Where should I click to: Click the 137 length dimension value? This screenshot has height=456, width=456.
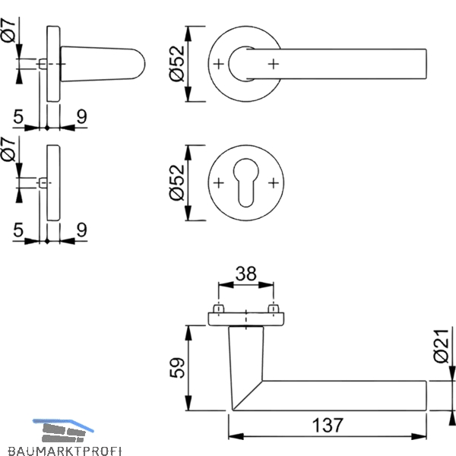coord(328,425)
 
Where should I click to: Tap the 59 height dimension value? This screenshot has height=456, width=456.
coord(177,368)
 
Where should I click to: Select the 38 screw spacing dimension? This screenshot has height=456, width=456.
coord(246,274)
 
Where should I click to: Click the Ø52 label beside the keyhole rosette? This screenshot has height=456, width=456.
coord(177,182)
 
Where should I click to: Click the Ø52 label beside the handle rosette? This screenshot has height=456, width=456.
coord(177,64)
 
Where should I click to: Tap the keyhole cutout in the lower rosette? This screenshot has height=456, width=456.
coord(245,182)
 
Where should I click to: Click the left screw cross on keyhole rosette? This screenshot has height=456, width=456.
coord(218,182)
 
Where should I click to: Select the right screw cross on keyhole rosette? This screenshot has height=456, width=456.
coord(274,182)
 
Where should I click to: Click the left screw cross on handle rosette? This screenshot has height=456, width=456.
coord(218,64)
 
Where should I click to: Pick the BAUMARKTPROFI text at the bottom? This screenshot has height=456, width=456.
coord(65,451)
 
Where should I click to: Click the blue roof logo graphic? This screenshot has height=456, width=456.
coord(63,430)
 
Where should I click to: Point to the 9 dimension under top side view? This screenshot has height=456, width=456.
coord(82,116)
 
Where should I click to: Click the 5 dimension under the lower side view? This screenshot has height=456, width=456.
coord(18,230)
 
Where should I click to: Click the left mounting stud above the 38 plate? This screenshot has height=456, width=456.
coord(218,309)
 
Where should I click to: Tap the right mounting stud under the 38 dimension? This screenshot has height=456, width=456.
coord(274,309)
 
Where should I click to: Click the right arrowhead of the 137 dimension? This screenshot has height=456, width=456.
coord(419,436)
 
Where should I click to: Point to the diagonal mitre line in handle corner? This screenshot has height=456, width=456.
coord(247,395)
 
